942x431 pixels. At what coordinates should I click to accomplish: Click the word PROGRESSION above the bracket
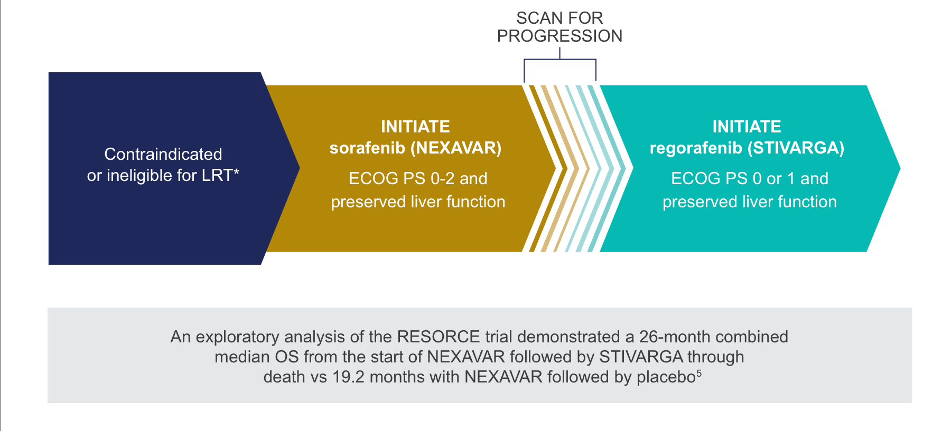click(559, 36)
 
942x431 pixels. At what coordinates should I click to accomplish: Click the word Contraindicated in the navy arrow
click(163, 154)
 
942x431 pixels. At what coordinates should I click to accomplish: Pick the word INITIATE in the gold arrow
click(415, 127)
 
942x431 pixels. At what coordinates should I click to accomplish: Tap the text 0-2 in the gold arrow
click(443, 178)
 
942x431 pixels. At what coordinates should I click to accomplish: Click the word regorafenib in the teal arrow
click(696, 148)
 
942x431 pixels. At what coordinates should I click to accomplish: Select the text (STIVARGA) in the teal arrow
click(796, 148)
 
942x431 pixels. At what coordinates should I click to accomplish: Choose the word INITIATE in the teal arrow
click(747, 127)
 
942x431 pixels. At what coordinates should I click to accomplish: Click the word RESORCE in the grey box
click(439, 337)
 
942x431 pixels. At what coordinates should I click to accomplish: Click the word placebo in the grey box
click(666, 377)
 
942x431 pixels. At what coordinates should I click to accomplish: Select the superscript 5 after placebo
click(699, 373)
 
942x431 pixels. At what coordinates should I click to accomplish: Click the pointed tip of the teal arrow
click(900, 168)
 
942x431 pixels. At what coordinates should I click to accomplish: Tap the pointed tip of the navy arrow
click(300, 168)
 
